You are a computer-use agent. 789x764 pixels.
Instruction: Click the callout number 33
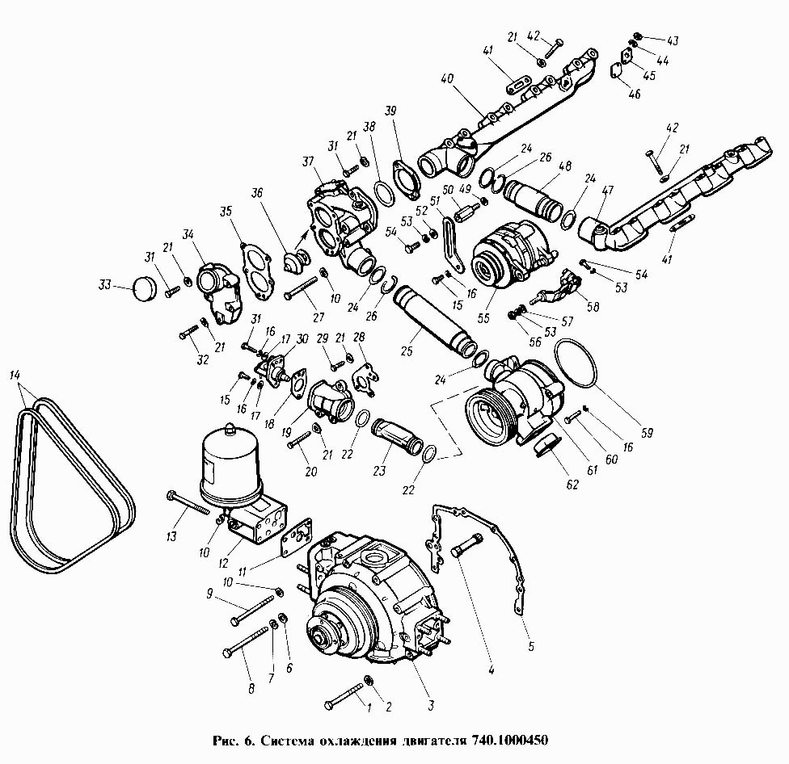coord(104,286)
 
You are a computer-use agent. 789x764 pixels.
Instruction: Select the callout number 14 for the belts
coord(15,375)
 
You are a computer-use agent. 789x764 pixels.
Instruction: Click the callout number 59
coord(647,431)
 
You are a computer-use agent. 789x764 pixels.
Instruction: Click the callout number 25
coord(407,350)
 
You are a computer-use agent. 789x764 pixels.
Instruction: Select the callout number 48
coord(565,166)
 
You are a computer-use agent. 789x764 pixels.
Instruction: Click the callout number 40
coord(447,79)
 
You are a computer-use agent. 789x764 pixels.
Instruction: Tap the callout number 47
coord(607,191)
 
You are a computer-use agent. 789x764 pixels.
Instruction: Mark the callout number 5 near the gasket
coord(531,645)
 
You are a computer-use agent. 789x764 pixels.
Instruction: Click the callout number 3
coord(431,706)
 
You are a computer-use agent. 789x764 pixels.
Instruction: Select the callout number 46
coord(635,94)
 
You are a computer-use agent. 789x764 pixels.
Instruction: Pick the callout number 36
coord(257,193)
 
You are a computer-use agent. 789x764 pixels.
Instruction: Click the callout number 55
coord(483,319)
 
